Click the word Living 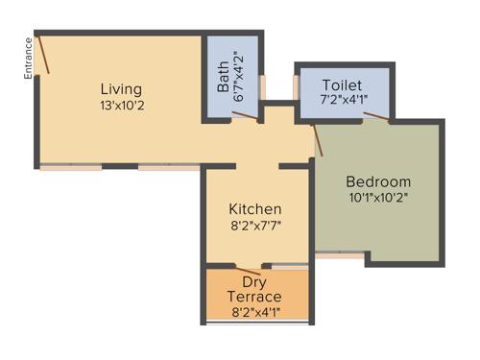(x=121, y=89)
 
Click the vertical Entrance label (x=29, y=57)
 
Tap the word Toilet (x=342, y=84)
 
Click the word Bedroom (x=378, y=181)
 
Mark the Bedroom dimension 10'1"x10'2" (x=378, y=199)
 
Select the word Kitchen (x=254, y=209)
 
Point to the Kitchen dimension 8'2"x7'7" (x=255, y=227)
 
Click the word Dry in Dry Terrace (x=254, y=281)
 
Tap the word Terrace (x=254, y=297)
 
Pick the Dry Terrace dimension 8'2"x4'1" (x=254, y=312)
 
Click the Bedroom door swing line (x=318, y=140)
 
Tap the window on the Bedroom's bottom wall (x=340, y=257)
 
